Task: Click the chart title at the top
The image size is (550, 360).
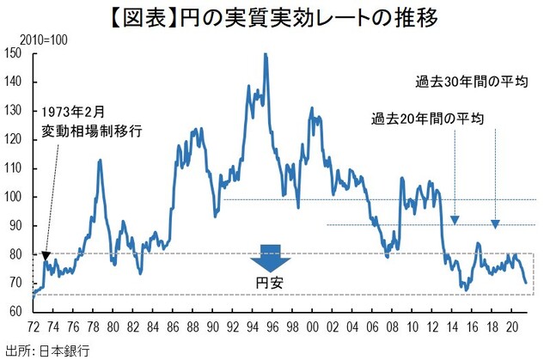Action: click(x=274, y=17)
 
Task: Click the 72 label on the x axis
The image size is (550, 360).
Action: click(x=35, y=327)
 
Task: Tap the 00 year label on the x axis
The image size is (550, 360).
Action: click(x=313, y=327)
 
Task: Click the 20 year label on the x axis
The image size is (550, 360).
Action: click(x=511, y=327)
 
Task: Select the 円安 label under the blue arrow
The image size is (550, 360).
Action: click(x=271, y=283)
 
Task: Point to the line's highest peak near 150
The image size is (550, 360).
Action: click(x=266, y=55)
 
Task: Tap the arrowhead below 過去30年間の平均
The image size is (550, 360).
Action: click(x=496, y=224)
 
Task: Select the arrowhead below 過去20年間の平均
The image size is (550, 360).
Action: click(x=455, y=221)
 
